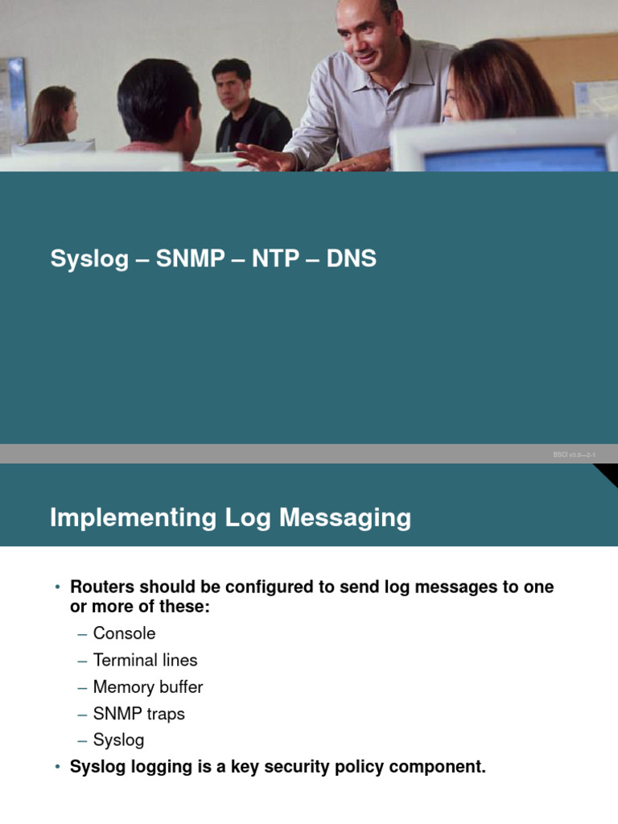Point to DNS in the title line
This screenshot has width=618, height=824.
(x=352, y=259)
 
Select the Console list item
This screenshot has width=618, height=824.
(x=124, y=633)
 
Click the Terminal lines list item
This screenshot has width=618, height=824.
(x=145, y=661)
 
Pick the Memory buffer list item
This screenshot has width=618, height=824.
(x=148, y=687)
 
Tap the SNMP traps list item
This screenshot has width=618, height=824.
(x=139, y=714)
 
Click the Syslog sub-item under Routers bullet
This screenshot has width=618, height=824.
(x=118, y=740)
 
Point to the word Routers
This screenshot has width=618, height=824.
(x=101, y=587)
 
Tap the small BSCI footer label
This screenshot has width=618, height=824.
(x=574, y=455)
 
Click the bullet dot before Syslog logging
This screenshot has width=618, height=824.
(x=57, y=768)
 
